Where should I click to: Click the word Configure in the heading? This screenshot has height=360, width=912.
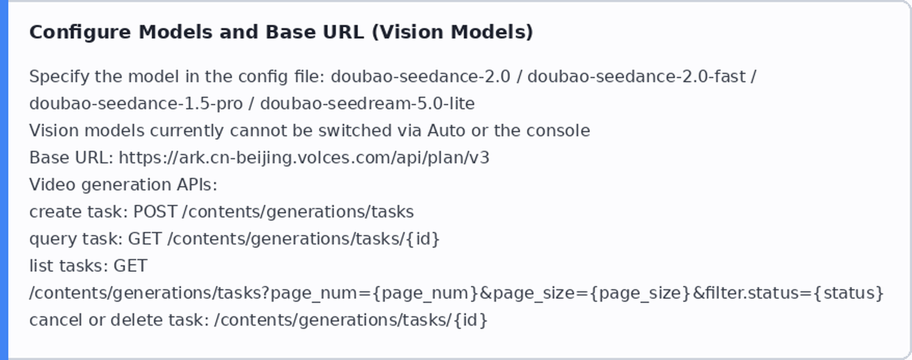click(x=80, y=32)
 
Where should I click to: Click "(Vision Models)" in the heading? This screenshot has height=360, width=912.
click(x=452, y=32)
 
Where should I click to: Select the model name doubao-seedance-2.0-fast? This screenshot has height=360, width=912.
click(x=637, y=76)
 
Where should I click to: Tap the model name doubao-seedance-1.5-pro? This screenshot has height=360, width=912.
click(x=136, y=104)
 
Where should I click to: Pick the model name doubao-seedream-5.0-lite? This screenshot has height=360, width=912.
click(x=367, y=104)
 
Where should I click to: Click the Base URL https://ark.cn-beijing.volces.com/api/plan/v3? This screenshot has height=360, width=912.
click(x=304, y=158)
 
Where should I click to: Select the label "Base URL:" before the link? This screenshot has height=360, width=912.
click(x=71, y=158)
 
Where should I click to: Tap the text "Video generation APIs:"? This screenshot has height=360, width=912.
click(x=123, y=185)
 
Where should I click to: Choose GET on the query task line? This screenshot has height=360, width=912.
click(x=145, y=239)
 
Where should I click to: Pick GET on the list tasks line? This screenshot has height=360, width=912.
click(x=131, y=266)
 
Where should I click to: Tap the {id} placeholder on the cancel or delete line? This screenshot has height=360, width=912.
click(x=470, y=320)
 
